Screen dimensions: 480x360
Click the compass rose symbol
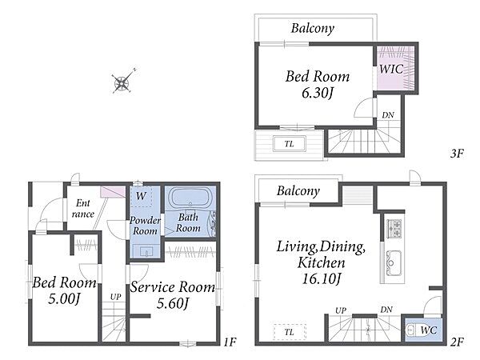pos(122,82)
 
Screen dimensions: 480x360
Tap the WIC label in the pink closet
pos(391,69)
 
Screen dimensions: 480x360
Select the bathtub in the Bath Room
pos(190,198)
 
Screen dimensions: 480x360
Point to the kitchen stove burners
pos(394,228)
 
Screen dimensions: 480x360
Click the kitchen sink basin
pos(394,262)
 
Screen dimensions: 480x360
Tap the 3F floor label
pos(457,153)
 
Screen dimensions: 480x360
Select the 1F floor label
pos(230,342)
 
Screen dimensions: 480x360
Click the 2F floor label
pos(457,342)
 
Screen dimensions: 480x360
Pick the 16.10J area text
pos(321,279)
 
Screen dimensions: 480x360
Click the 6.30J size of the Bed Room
pos(317,93)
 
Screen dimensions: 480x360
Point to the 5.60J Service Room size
pos(173,303)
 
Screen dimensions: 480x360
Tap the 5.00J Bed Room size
pos(64,298)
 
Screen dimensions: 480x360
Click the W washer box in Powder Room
pos(141,196)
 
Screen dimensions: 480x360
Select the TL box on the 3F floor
pos(290,143)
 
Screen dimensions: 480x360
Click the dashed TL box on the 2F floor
pos(290,332)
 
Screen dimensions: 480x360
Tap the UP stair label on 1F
pos(116,297)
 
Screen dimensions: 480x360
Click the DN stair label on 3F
pos(388,115)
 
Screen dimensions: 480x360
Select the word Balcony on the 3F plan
pos(313,29)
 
